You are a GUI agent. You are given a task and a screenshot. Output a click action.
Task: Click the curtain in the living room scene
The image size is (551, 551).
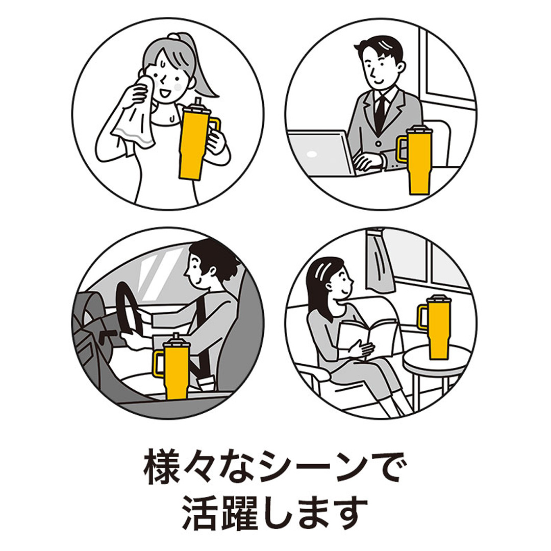379,260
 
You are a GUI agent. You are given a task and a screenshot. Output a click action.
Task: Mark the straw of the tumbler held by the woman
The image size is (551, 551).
198,103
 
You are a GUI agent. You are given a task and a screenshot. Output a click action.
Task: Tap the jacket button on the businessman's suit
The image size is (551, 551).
378,144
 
